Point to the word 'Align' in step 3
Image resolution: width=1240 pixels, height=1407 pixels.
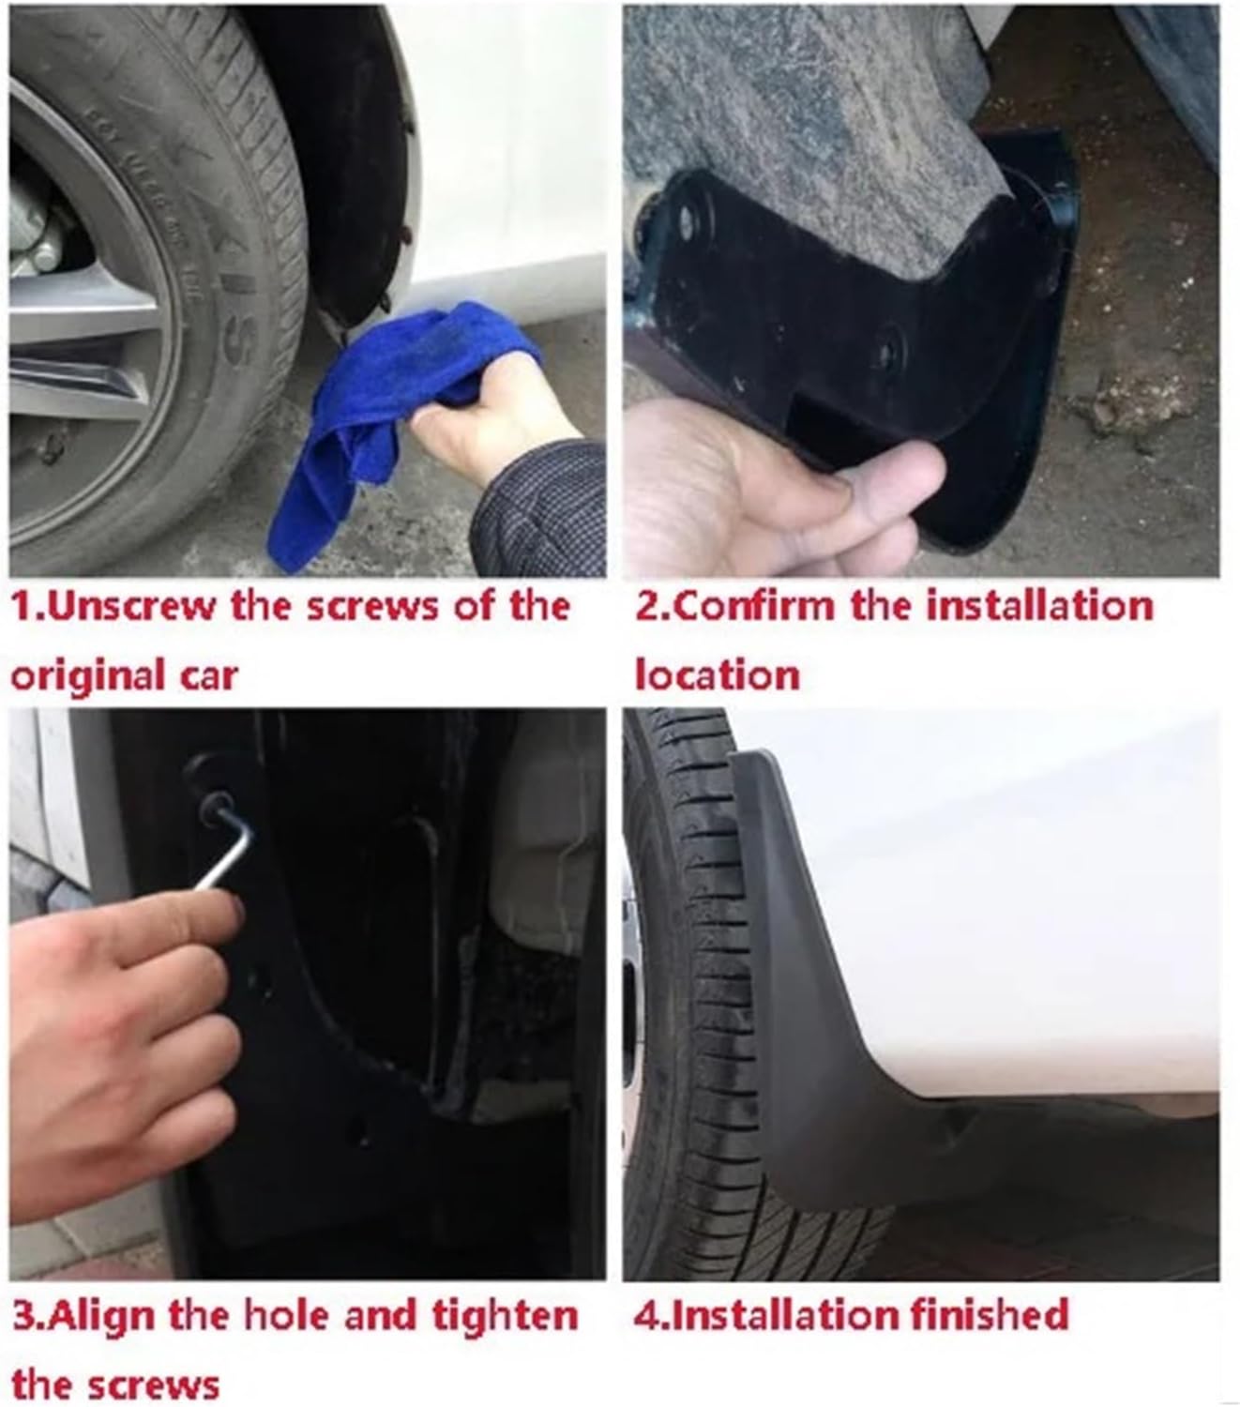pos(101,1316)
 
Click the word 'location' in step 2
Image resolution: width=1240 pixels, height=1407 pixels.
pos(717,675)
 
